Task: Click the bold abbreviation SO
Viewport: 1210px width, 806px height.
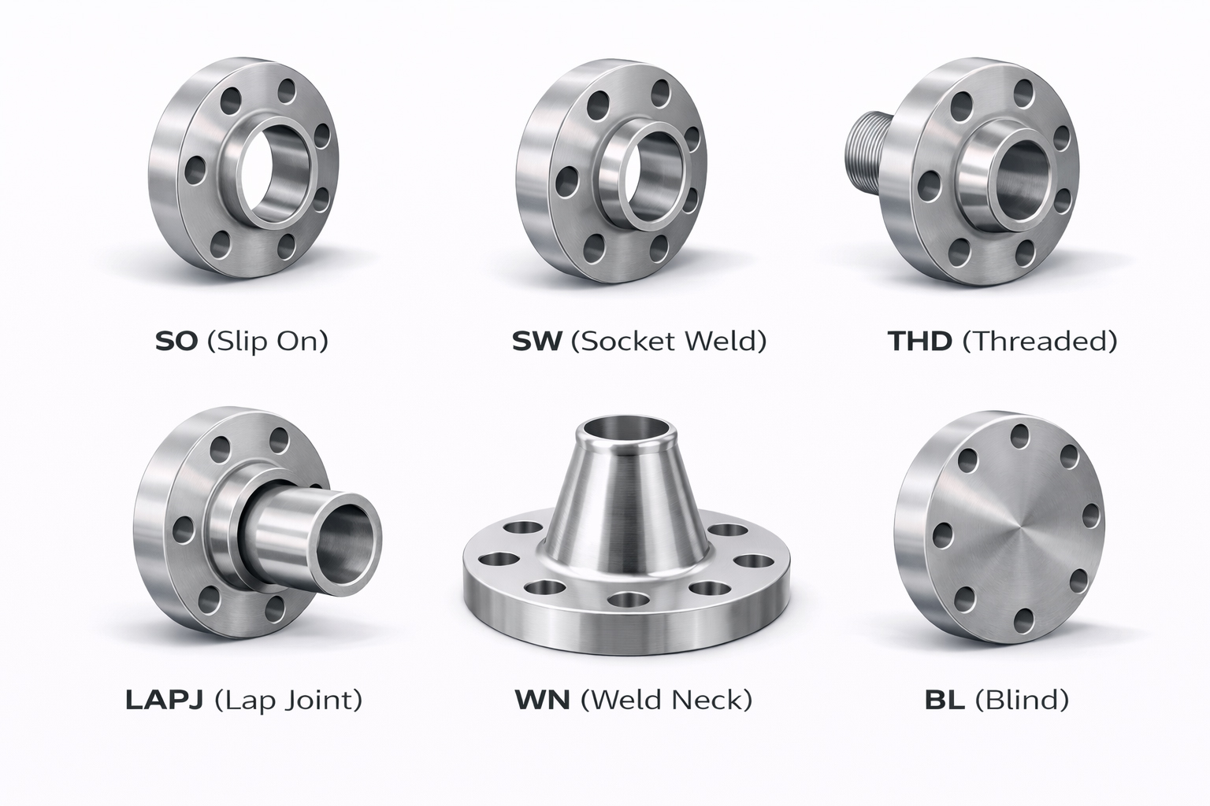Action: pos(176,341)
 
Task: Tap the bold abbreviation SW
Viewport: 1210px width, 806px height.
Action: pos(537,341)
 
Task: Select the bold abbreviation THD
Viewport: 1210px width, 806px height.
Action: pos(919,341)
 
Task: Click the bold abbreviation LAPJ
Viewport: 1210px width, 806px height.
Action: pos(164,700)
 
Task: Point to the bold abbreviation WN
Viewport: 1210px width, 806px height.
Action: pos(542,700)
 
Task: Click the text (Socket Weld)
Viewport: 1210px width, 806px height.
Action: pos(669,342)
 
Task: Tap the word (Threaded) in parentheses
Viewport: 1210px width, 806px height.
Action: pos(1040,342)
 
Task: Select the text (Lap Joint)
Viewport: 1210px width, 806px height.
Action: pos(288,701)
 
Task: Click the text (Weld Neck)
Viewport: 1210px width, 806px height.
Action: pos(666,701)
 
